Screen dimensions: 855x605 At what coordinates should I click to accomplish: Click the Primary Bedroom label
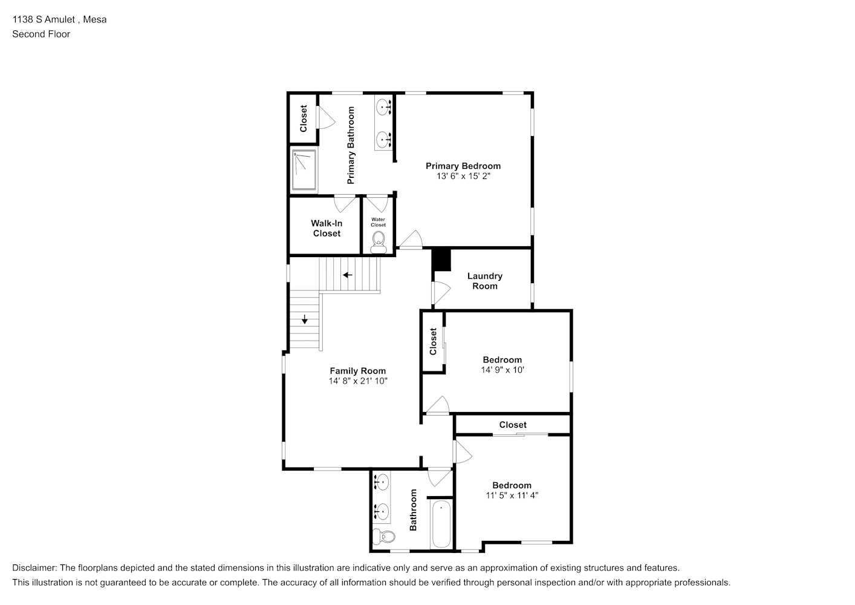[463, 166]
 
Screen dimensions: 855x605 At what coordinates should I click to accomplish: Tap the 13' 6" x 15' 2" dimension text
[463, 176]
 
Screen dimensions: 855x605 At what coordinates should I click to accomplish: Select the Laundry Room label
[485, 281]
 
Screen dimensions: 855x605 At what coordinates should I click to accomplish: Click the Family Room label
[357, 371]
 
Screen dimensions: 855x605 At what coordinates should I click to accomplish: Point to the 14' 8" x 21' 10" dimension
[358, 381]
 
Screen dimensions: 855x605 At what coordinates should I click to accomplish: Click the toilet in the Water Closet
[379, 243]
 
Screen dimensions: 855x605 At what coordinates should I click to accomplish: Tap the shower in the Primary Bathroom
[304, 170]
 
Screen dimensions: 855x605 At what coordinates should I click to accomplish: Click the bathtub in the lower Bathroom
[441, 524]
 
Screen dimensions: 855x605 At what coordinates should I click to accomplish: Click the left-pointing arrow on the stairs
[347, 275]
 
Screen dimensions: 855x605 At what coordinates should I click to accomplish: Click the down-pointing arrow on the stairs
[305, 319]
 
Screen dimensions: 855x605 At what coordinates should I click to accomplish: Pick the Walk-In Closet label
[327, 229]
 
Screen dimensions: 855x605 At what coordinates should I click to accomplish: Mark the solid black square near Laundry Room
[441, 260]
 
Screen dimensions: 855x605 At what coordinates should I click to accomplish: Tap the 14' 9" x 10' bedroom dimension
[502, 370]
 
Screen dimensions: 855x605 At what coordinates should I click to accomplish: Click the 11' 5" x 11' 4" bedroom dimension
[512, 495]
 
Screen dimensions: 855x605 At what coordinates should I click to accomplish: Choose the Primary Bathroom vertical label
[351, 145]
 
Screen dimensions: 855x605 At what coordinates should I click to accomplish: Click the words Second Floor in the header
[41, 34]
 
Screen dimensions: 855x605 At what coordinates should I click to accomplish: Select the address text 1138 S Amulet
[44, 19]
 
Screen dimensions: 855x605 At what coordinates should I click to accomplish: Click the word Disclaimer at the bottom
[34, 568]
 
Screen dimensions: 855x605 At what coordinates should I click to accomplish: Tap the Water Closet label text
[379, 222]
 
